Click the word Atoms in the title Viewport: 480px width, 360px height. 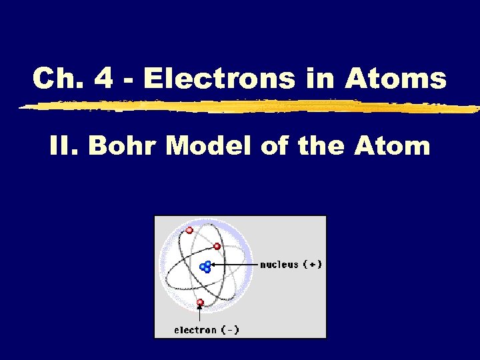pyautogui.click(x=395, y=79)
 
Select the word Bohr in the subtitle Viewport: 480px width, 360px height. pyautogui.click(x=123, y=145)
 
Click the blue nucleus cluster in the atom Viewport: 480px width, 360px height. pyautogui.click(x=206, y=267)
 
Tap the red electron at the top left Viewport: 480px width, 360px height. pyautogui.click(x=189, y=231)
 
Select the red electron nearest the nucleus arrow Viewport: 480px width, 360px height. pyautogui.click(x=217, y=246)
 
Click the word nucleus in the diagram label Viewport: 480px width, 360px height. pyautogui.click(x=279, y=265)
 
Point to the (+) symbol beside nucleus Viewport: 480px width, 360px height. pyautogui.click(x=313, y=265)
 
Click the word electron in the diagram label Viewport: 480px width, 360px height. pyautogui.click(x=195, y=329)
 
